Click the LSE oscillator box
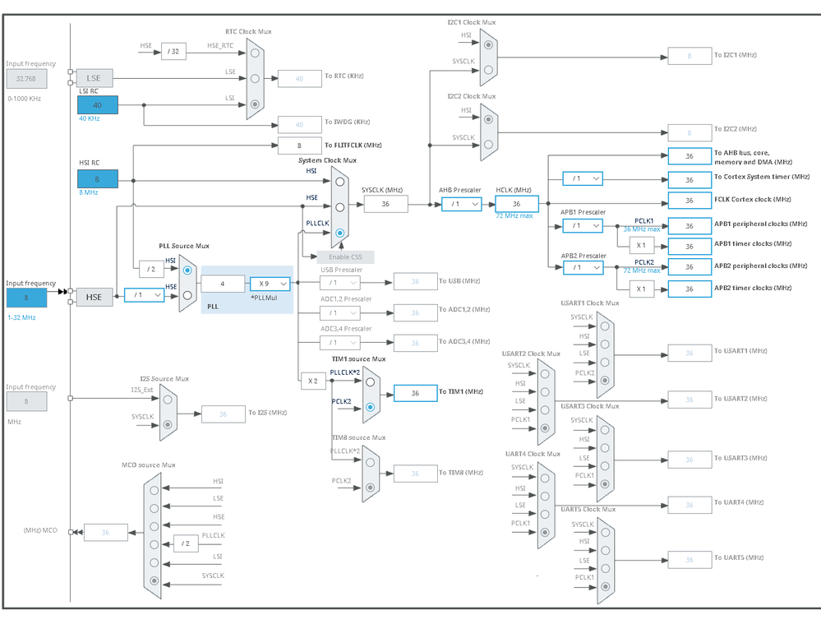94,78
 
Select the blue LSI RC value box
98,104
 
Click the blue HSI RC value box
98,178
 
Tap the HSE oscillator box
94,296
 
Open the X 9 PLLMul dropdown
270,284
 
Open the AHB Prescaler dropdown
461,204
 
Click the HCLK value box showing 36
516,204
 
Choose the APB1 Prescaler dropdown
583,225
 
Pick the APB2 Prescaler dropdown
583,267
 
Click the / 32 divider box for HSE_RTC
173,51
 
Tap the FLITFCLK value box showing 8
299,146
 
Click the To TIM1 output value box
415,393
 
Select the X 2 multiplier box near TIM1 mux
312,381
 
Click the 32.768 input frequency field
27,78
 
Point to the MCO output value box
105,533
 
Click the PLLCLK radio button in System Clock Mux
340,233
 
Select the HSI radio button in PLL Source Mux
187,270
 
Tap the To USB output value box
415,282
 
